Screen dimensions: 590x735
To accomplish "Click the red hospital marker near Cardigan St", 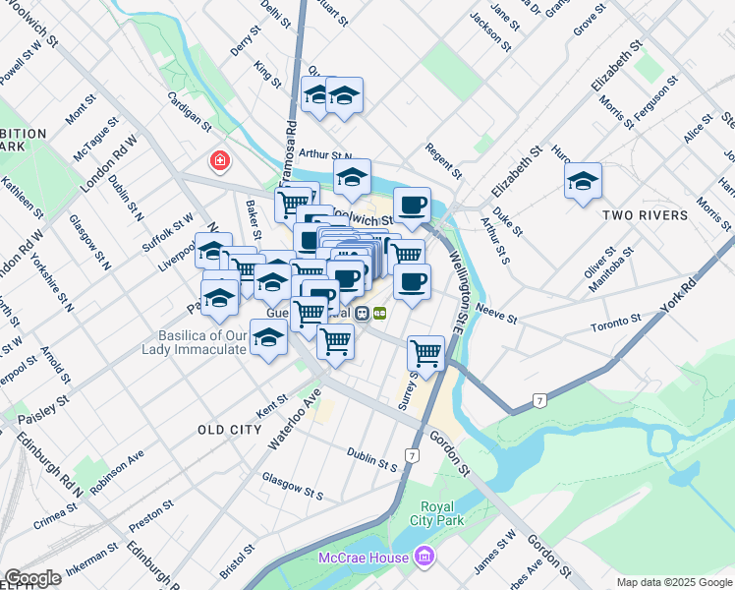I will point(218,159).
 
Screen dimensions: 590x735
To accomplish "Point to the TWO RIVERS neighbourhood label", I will point(645,215).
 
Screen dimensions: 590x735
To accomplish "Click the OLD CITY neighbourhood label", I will point(229,430).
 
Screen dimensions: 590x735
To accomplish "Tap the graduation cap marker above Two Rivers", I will point(583,181).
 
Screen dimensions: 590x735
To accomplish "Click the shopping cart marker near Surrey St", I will point(425,351).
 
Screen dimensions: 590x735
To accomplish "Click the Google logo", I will point(32,578).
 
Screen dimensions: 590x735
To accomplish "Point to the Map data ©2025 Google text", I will point(674,582).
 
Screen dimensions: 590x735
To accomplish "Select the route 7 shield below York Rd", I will point(538,399).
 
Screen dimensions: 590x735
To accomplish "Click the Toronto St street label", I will point(615,322).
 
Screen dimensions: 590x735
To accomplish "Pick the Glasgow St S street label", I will point(292,484).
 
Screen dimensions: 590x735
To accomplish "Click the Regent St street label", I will point(443,161).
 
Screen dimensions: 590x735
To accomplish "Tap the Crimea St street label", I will point(55,512).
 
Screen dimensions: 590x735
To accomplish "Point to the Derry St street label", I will point(243,44).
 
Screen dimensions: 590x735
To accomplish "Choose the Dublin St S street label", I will point(371,459).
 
